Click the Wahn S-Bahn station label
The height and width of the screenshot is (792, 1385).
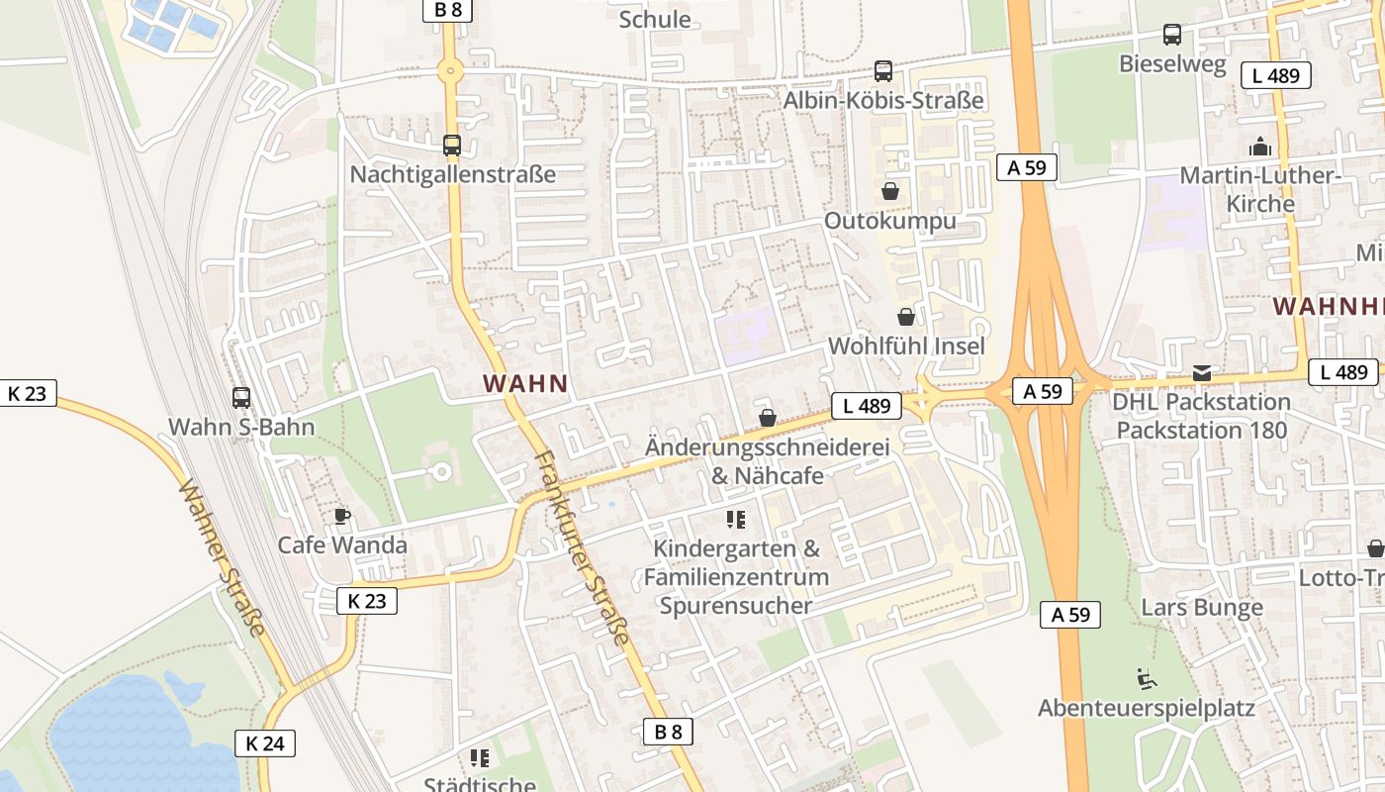tap(241, 428)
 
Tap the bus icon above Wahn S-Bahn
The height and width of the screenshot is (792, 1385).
tap(241, 398)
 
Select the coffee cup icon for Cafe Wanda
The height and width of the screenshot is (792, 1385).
tap(342, 516)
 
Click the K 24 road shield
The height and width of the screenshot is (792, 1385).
tap(265, 742)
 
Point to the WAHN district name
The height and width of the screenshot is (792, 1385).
tap(525, 384)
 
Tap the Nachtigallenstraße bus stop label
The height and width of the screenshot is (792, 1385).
tap(452, 174)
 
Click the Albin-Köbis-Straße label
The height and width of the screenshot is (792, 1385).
tap(883, 100)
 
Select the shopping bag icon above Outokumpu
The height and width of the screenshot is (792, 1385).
tap(890, 191)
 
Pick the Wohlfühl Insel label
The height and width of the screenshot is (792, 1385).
tap(906, 346)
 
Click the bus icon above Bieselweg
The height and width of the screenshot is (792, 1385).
tap(1172, 35)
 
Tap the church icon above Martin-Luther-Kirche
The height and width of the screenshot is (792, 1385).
tap(1260, 148)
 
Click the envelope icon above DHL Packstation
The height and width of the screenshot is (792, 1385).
tap(1202, 373)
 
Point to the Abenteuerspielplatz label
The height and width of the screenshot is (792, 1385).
tap(1146, 708)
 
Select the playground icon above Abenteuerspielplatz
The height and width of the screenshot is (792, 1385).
tap(1146, 679)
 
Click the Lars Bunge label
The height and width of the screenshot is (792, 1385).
tap(1202, 607)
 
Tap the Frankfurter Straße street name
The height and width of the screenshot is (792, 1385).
tap(582, 547)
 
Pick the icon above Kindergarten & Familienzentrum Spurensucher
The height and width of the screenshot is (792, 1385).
tap(735, 519)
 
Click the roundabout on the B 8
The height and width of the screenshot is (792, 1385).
tap(451, 70)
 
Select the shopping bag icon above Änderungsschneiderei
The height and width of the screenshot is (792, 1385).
tap(768, 418)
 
